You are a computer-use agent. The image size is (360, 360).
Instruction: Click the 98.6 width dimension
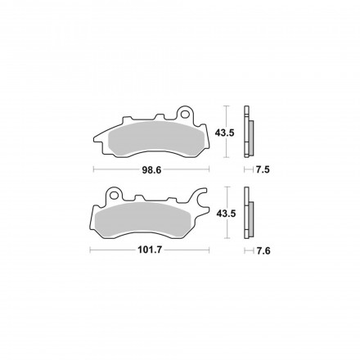(x=151, y=169)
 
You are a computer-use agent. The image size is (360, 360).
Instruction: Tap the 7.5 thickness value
(x=263, y=169)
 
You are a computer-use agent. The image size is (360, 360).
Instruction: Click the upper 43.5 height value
(x=222, y=132)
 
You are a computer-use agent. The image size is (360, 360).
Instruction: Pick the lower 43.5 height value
(x=222, y=214)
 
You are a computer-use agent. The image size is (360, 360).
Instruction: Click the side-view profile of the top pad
(x=250, y=132)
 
